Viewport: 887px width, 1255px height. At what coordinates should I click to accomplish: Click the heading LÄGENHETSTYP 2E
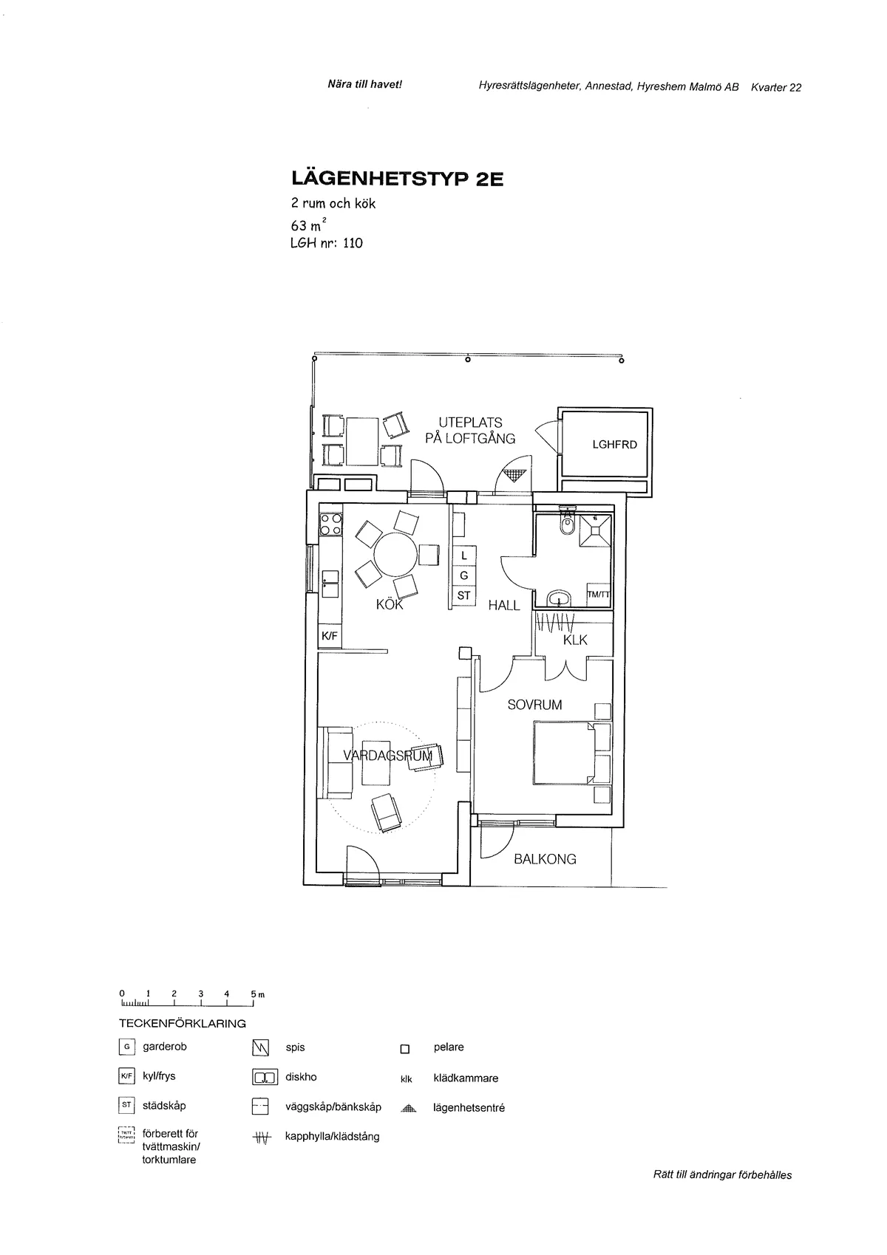397,179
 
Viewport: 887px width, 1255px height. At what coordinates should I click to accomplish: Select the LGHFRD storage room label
614,445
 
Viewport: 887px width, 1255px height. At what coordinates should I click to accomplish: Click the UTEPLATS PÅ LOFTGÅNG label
470,431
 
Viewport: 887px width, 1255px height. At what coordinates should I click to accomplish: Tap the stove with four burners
330,524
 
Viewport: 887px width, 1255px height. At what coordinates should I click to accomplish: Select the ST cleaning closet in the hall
463,595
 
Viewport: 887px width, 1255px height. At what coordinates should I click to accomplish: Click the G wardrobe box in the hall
463,575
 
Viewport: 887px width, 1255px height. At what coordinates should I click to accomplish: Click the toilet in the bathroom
567,523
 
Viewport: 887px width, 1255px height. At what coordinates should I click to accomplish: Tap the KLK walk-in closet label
575,640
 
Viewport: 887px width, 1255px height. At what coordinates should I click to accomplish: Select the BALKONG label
545,859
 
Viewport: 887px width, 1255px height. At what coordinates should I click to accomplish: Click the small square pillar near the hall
464,652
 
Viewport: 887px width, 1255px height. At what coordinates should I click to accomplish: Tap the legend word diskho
301,1077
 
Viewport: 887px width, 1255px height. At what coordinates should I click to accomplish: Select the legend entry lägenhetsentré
469,1108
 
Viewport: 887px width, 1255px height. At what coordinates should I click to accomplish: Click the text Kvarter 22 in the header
775,87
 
